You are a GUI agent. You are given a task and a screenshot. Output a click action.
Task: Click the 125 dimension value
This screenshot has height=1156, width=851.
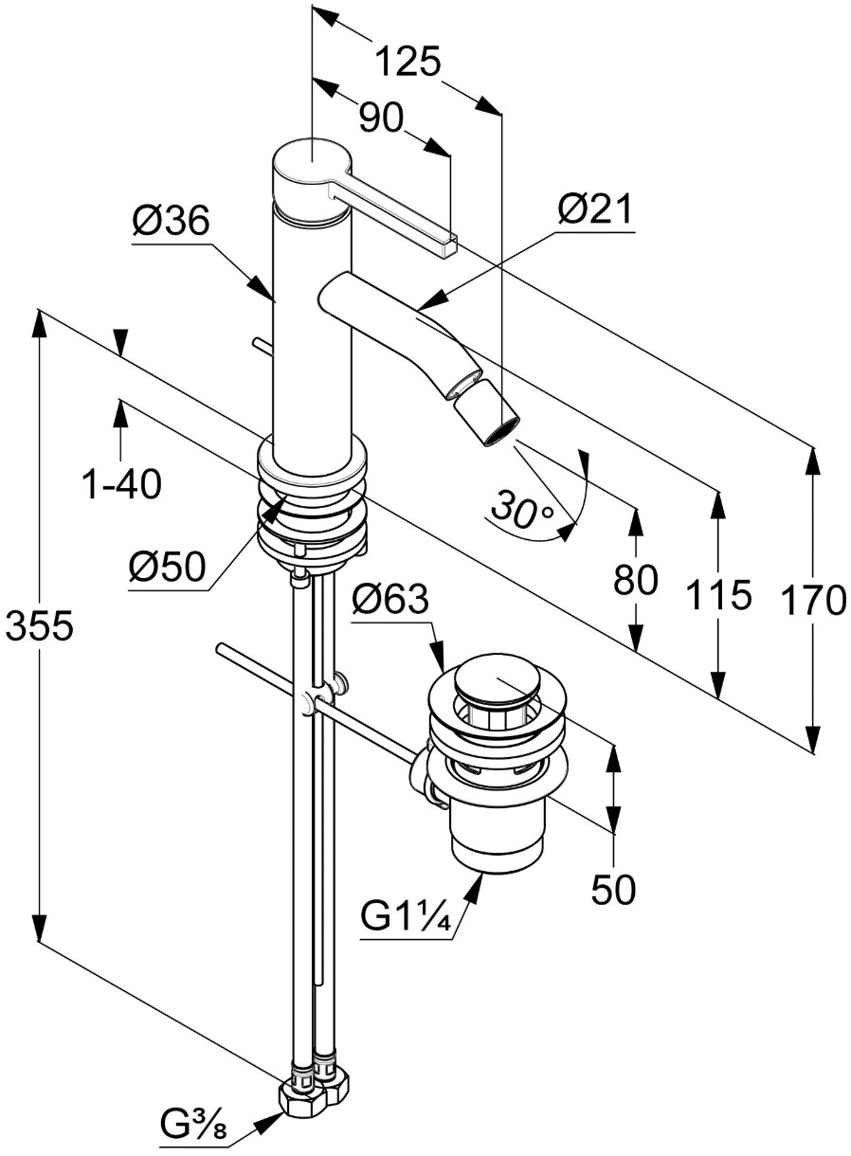pyautogui.click(x=407, y=62)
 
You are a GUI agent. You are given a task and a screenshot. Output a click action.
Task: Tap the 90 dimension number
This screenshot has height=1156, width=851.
pyautogui.click(x=381, y=118)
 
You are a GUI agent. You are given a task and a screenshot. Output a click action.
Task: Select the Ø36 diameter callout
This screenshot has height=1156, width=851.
pyautogui.click(x=171, y=221)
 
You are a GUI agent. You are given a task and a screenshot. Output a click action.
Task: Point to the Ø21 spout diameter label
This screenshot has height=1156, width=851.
pyautogui.click(x=594, y=210)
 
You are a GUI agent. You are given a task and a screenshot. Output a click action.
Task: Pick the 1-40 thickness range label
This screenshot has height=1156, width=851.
pyautogui.click(x=122, y=484)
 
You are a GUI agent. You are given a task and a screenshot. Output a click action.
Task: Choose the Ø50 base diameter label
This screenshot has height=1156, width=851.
pyautogui.click(x=168, y=569)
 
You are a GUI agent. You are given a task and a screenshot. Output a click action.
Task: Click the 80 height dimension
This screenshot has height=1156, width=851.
pyautogui.click(x=635, y=580)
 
